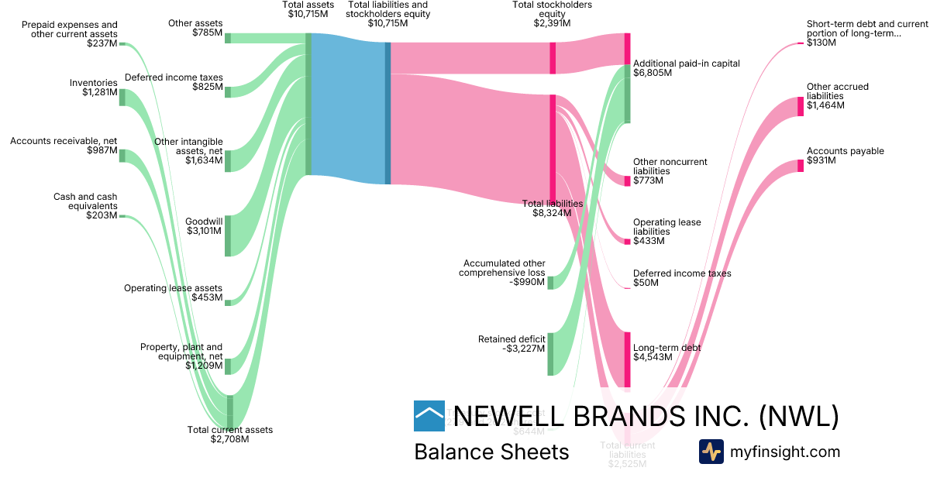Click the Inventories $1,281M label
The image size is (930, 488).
coord(93,88)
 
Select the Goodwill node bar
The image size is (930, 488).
coord(228,235)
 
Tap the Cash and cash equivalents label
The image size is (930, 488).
coord(85,206)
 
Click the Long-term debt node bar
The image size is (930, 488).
coord(628,359)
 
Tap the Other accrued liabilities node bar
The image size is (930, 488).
coord(801,106)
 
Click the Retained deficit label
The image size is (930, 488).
coord(511,344)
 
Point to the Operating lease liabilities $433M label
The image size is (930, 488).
coord(666,232)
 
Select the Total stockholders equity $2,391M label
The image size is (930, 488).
coord(552,14)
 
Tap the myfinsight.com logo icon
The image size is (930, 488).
coord(711,452)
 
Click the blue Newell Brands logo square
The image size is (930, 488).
coord(429,416)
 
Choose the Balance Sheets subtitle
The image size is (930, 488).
coord(491,452)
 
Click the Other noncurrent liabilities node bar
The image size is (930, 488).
coord(628,181)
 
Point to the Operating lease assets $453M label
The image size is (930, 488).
coord(174,293)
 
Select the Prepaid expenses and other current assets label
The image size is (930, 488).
coord(70,34)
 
